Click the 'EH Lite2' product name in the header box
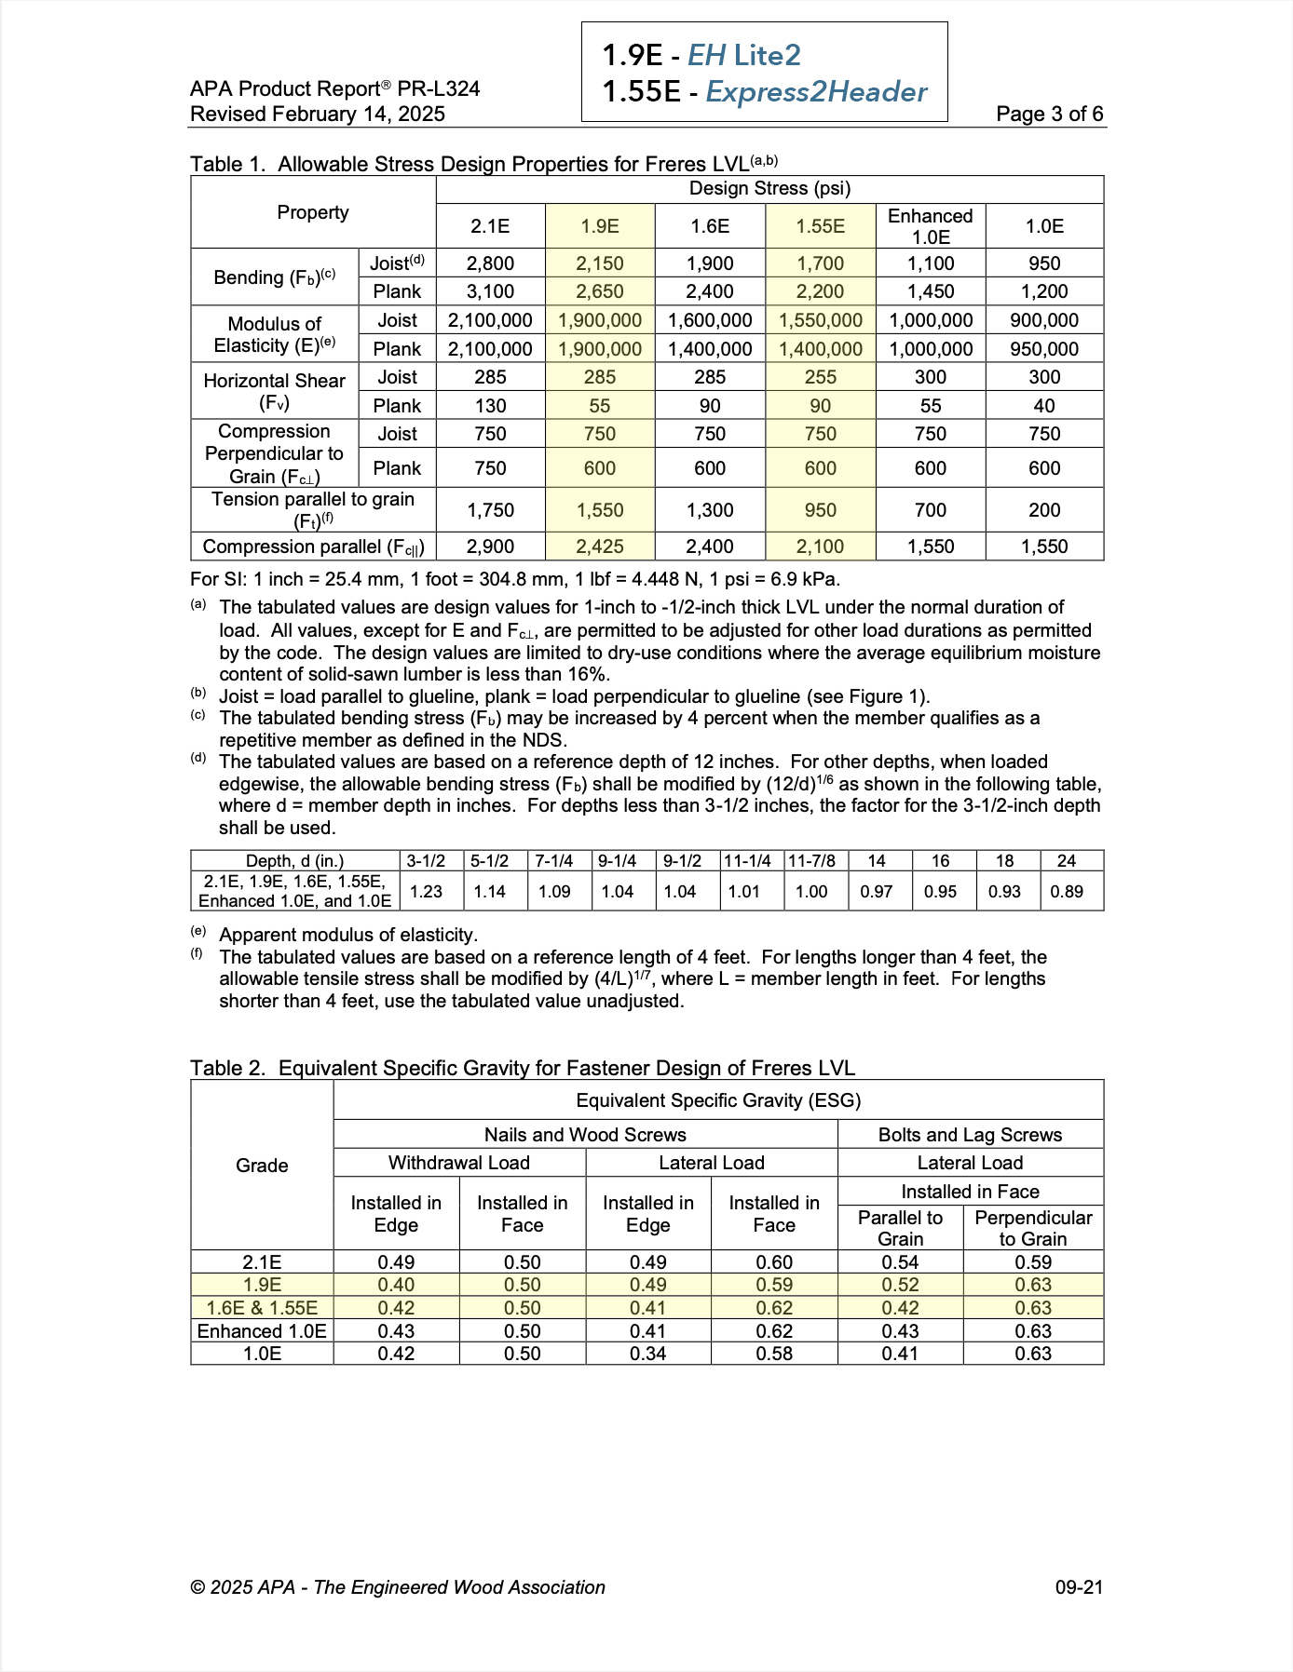pos(743,56)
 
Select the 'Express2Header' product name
pos(816,92)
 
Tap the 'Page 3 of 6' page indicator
pos(1049,115)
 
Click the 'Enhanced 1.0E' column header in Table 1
pos(930,226)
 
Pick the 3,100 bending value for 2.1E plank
pos(490,291)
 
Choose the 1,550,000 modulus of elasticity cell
pos(821,320)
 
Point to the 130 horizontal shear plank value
pos(490,406)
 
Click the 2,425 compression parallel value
pos(600,546)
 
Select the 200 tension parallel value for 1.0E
pos(1044,510)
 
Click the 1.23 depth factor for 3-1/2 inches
pos(426,892)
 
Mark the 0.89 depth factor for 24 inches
pos(1067,892)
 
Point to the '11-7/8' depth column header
pos(811,861)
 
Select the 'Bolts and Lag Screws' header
pos(970,1135)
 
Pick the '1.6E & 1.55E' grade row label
pos(262,1308)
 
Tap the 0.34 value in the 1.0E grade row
pos(647,1354)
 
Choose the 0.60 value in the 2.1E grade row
pos(774,1262)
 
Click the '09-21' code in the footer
pos(1079,1587)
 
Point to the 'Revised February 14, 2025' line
pos(318,115)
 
